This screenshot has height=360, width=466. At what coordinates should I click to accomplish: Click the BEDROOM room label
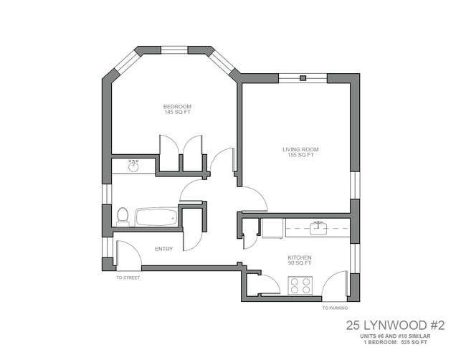point(178,106)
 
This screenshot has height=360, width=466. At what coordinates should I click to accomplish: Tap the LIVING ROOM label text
point(300,149)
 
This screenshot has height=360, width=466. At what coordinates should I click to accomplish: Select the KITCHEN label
point(300,257)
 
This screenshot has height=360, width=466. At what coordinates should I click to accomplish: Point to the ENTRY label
point(163,249)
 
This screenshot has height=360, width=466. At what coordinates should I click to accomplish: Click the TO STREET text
point(128,277)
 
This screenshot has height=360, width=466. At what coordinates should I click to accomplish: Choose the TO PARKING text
point(335,308)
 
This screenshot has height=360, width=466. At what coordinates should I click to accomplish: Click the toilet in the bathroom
point(123,215)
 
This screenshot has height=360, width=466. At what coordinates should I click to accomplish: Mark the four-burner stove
point(301,286)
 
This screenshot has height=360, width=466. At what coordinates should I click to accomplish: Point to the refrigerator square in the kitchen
point(272,228)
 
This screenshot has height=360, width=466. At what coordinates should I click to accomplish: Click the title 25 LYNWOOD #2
point(395,325)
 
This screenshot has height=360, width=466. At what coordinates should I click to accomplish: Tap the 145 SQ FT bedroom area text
point(178,112)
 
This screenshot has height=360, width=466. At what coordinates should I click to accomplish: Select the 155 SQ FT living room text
point(300,155)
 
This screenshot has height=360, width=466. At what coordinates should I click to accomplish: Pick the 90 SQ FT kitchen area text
point(300,262)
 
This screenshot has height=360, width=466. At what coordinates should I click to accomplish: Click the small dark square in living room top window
point(303,77)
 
